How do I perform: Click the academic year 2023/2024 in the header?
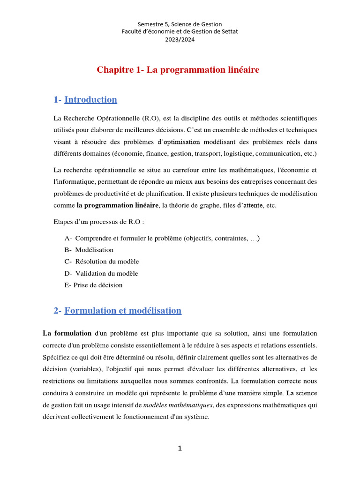pos(180,39)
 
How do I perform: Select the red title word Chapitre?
pos(113,70)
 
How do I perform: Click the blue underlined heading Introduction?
pos(90,99)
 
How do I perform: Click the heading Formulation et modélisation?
pos(122,310)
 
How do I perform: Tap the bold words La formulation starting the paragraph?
pos(67,333)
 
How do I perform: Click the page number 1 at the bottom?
pos(180,449)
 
